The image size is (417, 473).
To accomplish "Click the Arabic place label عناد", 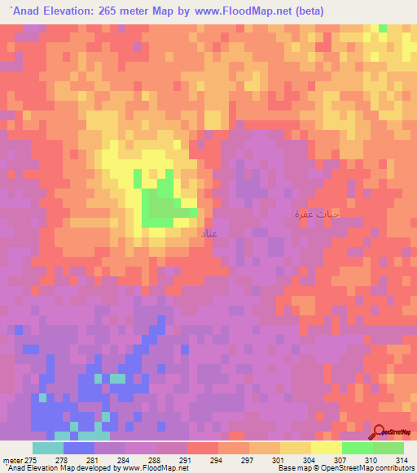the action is (x=208, y=233).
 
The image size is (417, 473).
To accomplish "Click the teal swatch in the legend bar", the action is (x=47, y=448).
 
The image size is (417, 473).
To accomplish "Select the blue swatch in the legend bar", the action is (x=78, y=448).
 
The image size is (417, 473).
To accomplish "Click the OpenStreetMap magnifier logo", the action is (x=380, y=432).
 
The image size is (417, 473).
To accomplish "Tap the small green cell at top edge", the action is (x=383, y=28).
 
